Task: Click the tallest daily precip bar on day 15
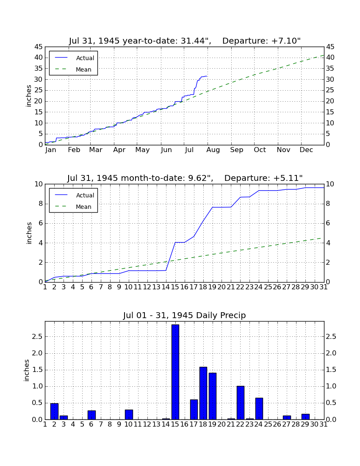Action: [175, 372]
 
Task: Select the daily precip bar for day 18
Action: [203, 393]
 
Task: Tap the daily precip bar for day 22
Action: [240, 403]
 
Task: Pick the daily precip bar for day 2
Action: [54, 411]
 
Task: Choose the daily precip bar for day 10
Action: [129, 415]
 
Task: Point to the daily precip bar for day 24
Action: [259, 409]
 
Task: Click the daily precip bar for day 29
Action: [305, 417]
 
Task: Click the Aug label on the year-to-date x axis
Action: [213, 150]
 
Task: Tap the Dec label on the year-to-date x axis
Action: [306, 150]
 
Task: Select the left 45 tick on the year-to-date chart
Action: [39, 47]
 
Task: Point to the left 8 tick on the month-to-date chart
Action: [41, 204]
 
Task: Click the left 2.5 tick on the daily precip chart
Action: [37, 337]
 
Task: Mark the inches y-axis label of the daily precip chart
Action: [27, 371]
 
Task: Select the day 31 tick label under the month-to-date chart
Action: [324, 287]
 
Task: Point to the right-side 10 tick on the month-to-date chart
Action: [330, 184]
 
